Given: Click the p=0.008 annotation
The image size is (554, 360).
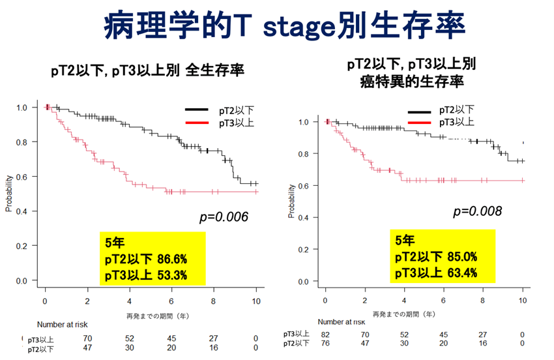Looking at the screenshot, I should pyautogui.click(x=478, y=211).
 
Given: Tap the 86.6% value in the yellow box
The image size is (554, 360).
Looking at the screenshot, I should pyautogui.click(x=171, y=259).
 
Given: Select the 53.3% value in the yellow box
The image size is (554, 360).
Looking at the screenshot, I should pyautogui.click(x=171, y=275).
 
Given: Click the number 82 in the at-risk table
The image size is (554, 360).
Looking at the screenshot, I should pyautogui.click(x=325, y=335).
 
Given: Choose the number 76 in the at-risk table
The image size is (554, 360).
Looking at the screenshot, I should pyautogui.click(x=325, y=344).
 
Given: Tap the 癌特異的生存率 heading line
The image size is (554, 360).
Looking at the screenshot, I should pyautogui.click(x=411, y=82).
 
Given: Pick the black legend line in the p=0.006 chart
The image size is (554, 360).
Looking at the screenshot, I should pyautogui.click(x=196, y=110).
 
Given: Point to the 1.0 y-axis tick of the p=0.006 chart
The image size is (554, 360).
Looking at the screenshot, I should pyautogui.click(x=22, y=108).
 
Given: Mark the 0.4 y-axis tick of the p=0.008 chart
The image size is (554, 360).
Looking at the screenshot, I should pyautogui.click(x=303, y=218).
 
